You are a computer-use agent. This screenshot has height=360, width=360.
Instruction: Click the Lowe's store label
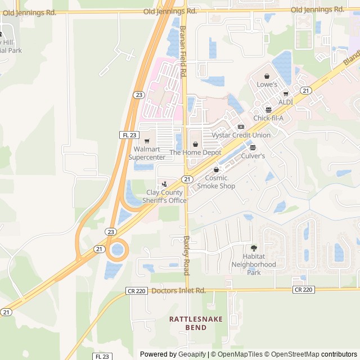pos(267,84)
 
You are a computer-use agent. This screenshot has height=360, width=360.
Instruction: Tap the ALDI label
pos(286,102)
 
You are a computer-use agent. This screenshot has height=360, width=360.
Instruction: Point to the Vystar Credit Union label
pos(241,135)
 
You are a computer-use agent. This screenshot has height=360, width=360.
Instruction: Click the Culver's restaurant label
pos(253,156)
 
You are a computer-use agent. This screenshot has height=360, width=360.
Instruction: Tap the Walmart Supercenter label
pos(147,153)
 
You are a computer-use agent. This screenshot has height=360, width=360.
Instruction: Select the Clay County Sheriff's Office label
pos(164,196)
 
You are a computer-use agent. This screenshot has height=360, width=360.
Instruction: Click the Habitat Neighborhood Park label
pos(254,264)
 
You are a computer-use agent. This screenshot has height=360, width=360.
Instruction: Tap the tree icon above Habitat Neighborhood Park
pos(254,248)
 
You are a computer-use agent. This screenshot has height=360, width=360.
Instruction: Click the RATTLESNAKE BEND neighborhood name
pos(196,323)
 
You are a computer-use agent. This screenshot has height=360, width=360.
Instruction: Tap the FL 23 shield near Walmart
pos(129,135)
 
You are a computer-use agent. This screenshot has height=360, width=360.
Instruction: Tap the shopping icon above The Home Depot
pos(195,145)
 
